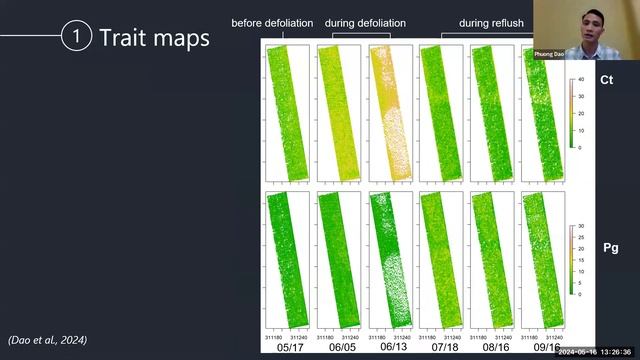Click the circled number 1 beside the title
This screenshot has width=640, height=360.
[x=77, y=37]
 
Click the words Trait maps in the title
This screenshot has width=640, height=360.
[x=154, y=38]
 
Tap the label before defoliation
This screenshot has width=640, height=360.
[x=272, y=23]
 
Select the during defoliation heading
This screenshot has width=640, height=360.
[x=361, y=23]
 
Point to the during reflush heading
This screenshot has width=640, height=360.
[x=493, y=23]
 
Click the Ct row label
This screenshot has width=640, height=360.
[x=606, y=79]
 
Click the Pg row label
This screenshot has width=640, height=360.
[x=609, y=247]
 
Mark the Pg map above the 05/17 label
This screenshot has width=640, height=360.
[x=287, y=262]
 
